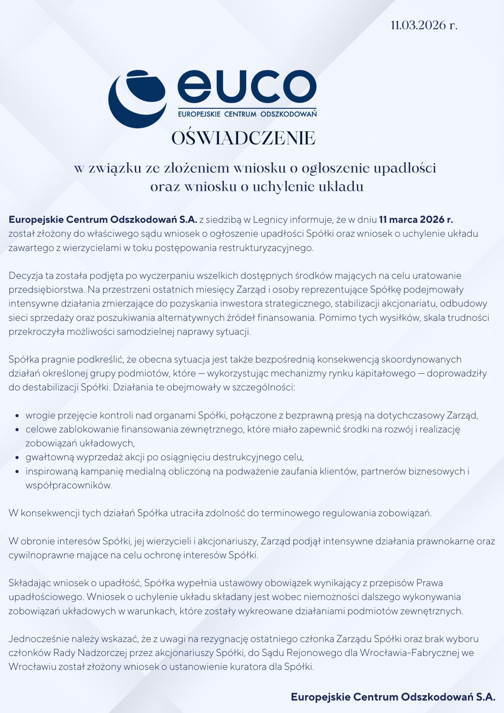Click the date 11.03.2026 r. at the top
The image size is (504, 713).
coord(424,25)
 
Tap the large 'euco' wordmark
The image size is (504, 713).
coord(247,87)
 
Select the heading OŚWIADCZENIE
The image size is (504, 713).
coord(243,138)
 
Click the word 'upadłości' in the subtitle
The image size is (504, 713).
coord(405,168)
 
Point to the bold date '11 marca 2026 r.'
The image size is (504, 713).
coord(416,220)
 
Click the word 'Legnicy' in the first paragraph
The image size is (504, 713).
coord(270,220)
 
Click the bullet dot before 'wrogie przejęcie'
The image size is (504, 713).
coord(17,416)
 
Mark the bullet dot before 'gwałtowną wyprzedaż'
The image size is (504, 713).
coord(17,457)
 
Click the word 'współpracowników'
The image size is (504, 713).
coord(68,485)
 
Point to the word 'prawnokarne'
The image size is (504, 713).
coord(444,541)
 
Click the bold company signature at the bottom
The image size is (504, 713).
coord(393,697)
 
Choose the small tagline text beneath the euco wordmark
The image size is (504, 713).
coord(247,114)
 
